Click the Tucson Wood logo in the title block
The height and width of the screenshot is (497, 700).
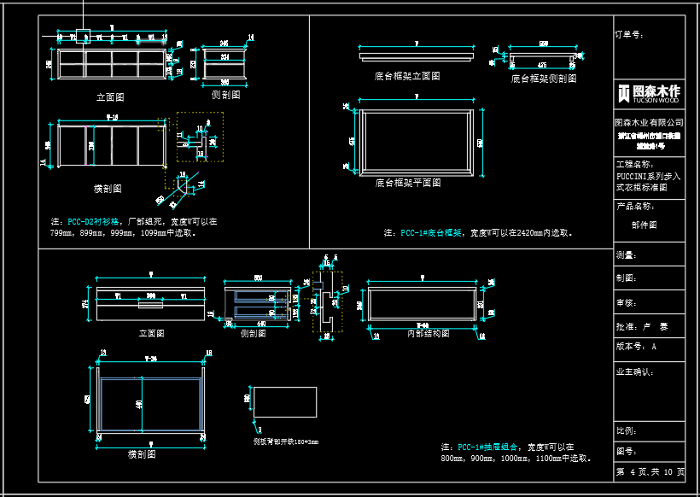pyautogui.click(x=649, y=92)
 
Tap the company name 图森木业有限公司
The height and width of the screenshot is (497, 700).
pyautogui.click(x=649, y=123)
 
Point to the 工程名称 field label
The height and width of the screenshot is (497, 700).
pyautogui.click(x=633, y=163)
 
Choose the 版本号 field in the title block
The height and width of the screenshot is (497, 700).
pyautogui.click(x=631, y=348)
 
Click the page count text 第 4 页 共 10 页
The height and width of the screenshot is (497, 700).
pyautogui.click(x=650, y=471)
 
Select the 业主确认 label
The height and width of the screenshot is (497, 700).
pyautogui.click(x=633, y=371)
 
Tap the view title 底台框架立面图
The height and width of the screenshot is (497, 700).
pyautogui.click(x=407, y=76)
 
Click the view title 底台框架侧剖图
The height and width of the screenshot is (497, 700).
pyautogui.click(x=544, y=78)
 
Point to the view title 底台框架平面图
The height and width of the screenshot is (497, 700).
pyautogui.click(x=407, y=183)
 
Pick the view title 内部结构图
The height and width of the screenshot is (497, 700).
pyautogui.click(x=422, y=334)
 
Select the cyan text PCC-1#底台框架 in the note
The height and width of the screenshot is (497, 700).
pyautogui.click(x=431, y=232)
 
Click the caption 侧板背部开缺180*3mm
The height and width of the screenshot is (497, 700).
pyautogui.click(x=285, y=441)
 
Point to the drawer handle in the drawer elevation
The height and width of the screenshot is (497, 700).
pyautogui.click(x=151, y=302)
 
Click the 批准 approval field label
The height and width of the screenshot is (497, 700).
pyautogui.click(x=626, y=326)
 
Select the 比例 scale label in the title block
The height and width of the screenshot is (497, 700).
pyautogui.click(x=626, y=430)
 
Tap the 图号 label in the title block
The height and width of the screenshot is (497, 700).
pyautogui.click(x=626, y=451)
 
